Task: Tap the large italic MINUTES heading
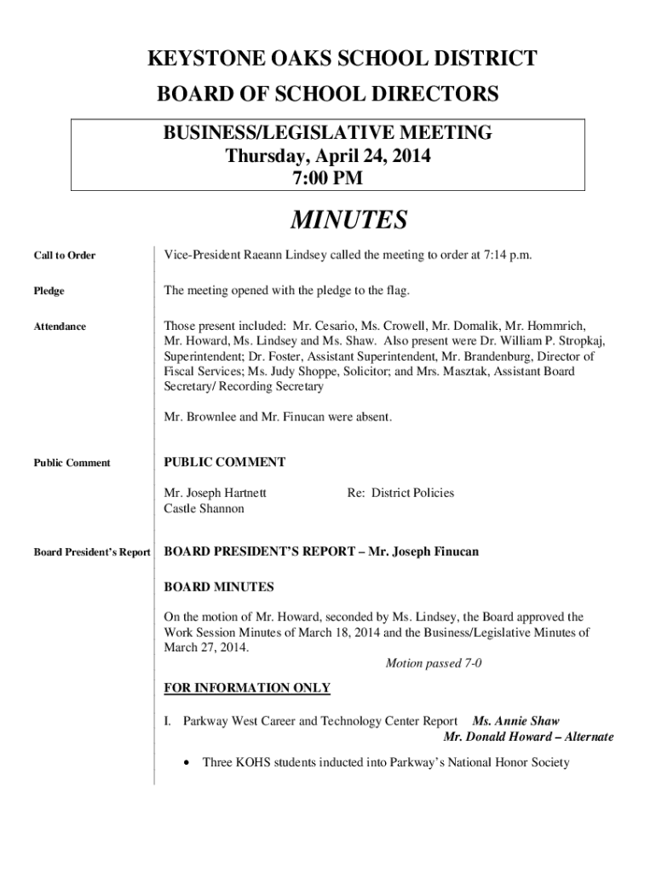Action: pyautogui.click(x=348, y=220)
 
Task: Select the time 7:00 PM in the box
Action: pyautogui.click(x=328, y=178)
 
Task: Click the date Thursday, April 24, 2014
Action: pyautogui.click(x=328, y=157)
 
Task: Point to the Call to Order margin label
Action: pyautogui.click(x=65, y=256)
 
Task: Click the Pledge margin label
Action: pyautogui.click(x=49, y=292)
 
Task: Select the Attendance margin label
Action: pyautogui.click(x=60, y=327)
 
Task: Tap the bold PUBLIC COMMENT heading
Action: pyautogui.click(x=224, y=462)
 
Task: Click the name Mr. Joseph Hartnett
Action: pyautogui.click(x=215, y=493)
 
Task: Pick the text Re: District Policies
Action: pyautogui.click(x=400, y=493)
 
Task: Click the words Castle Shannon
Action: pyautogui.click(x=204, y=509)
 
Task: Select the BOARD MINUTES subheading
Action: pyautogui.click(x=219, y=587)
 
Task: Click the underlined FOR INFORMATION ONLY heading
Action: pyautogui.click(x=247, y=688)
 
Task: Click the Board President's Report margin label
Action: pyautogui.click(x=92, y=552)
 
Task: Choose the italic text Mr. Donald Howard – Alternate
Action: pyautogui.click(x=528, y=737)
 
